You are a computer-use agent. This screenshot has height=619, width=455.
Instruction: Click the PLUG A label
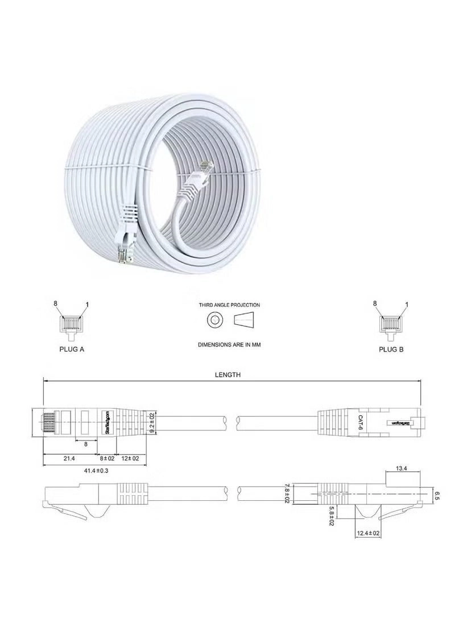[72, 349]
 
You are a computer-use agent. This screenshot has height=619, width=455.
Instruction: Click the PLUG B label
[391, 349]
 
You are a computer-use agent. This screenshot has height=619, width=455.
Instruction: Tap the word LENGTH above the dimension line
[227, 375]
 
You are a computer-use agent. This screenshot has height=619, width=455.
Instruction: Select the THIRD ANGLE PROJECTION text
[229, 305]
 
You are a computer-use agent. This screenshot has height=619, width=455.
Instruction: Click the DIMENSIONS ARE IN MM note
[229, 345]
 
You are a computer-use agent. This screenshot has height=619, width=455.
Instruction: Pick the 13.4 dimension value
[401, 469]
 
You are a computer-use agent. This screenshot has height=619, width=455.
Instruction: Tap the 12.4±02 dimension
[368, 533]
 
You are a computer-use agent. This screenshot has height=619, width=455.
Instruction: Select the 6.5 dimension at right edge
[436, 495]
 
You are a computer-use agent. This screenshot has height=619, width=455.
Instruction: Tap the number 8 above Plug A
[56, 304]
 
